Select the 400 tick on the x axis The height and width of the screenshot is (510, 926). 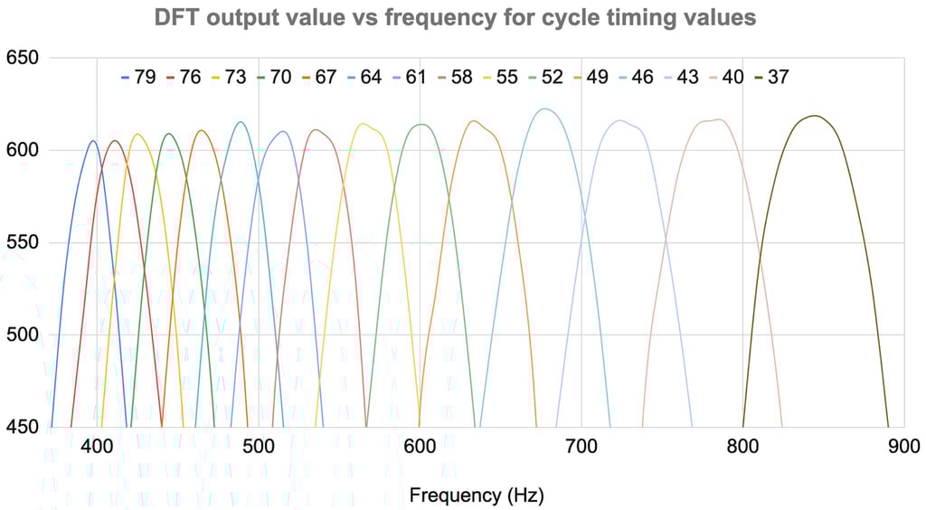click(x=97, y=446)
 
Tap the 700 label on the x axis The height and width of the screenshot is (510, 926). click(x=581, y=446)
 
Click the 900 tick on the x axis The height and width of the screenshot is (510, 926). click(x=903, y=446)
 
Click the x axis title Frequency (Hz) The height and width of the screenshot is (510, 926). click(x=477, y=495)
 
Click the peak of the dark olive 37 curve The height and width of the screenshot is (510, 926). click(x=815, y=116)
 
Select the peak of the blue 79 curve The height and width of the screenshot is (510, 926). click(x=92, y=140)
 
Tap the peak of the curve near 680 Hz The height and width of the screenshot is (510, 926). click(x=544, y=109)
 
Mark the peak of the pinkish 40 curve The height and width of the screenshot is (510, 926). click(x=719, y=119)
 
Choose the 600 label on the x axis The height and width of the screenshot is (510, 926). click(x=420, y=446)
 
